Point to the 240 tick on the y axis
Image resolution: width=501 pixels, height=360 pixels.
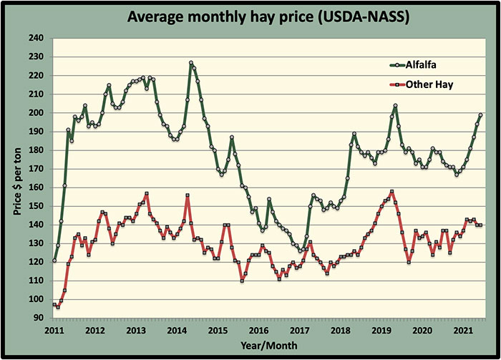click(35, 38)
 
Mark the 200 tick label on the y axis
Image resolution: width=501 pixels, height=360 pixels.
click(35, 113)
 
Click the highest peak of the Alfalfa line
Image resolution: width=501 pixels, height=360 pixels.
click(191, 63)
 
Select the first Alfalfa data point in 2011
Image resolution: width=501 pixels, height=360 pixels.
click(54, 260)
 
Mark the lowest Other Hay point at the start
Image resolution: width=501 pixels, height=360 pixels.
click(58, 307)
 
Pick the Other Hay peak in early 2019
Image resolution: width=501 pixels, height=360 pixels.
click(391, 192)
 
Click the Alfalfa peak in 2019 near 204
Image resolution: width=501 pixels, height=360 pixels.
click(395, 106)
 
